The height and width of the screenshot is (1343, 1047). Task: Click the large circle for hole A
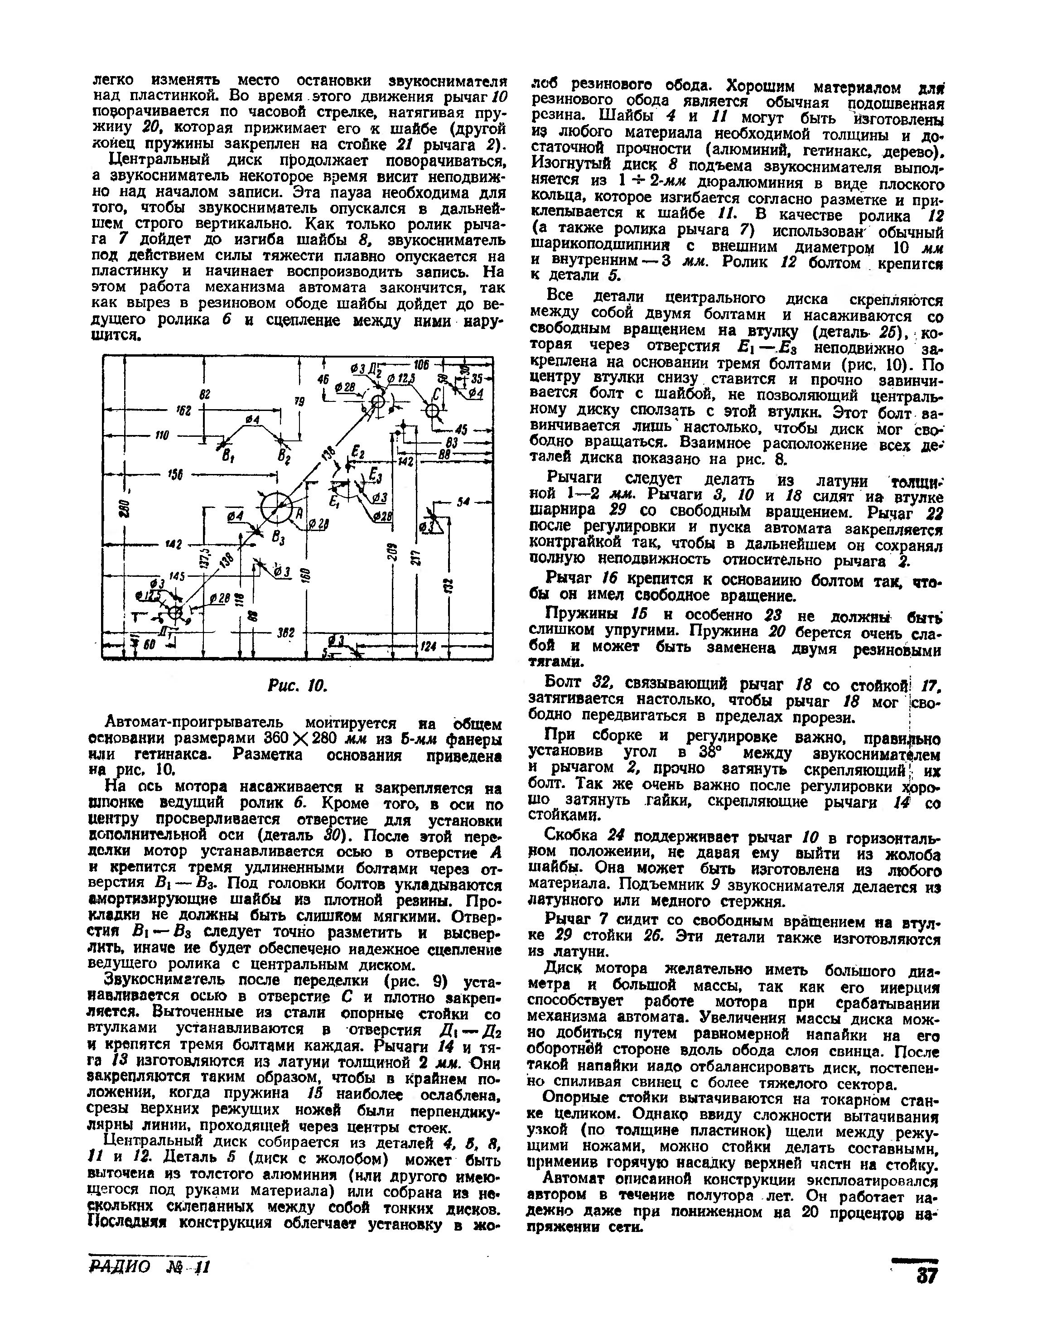coord(277,508)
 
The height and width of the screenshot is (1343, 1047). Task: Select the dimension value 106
coord(421,363)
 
